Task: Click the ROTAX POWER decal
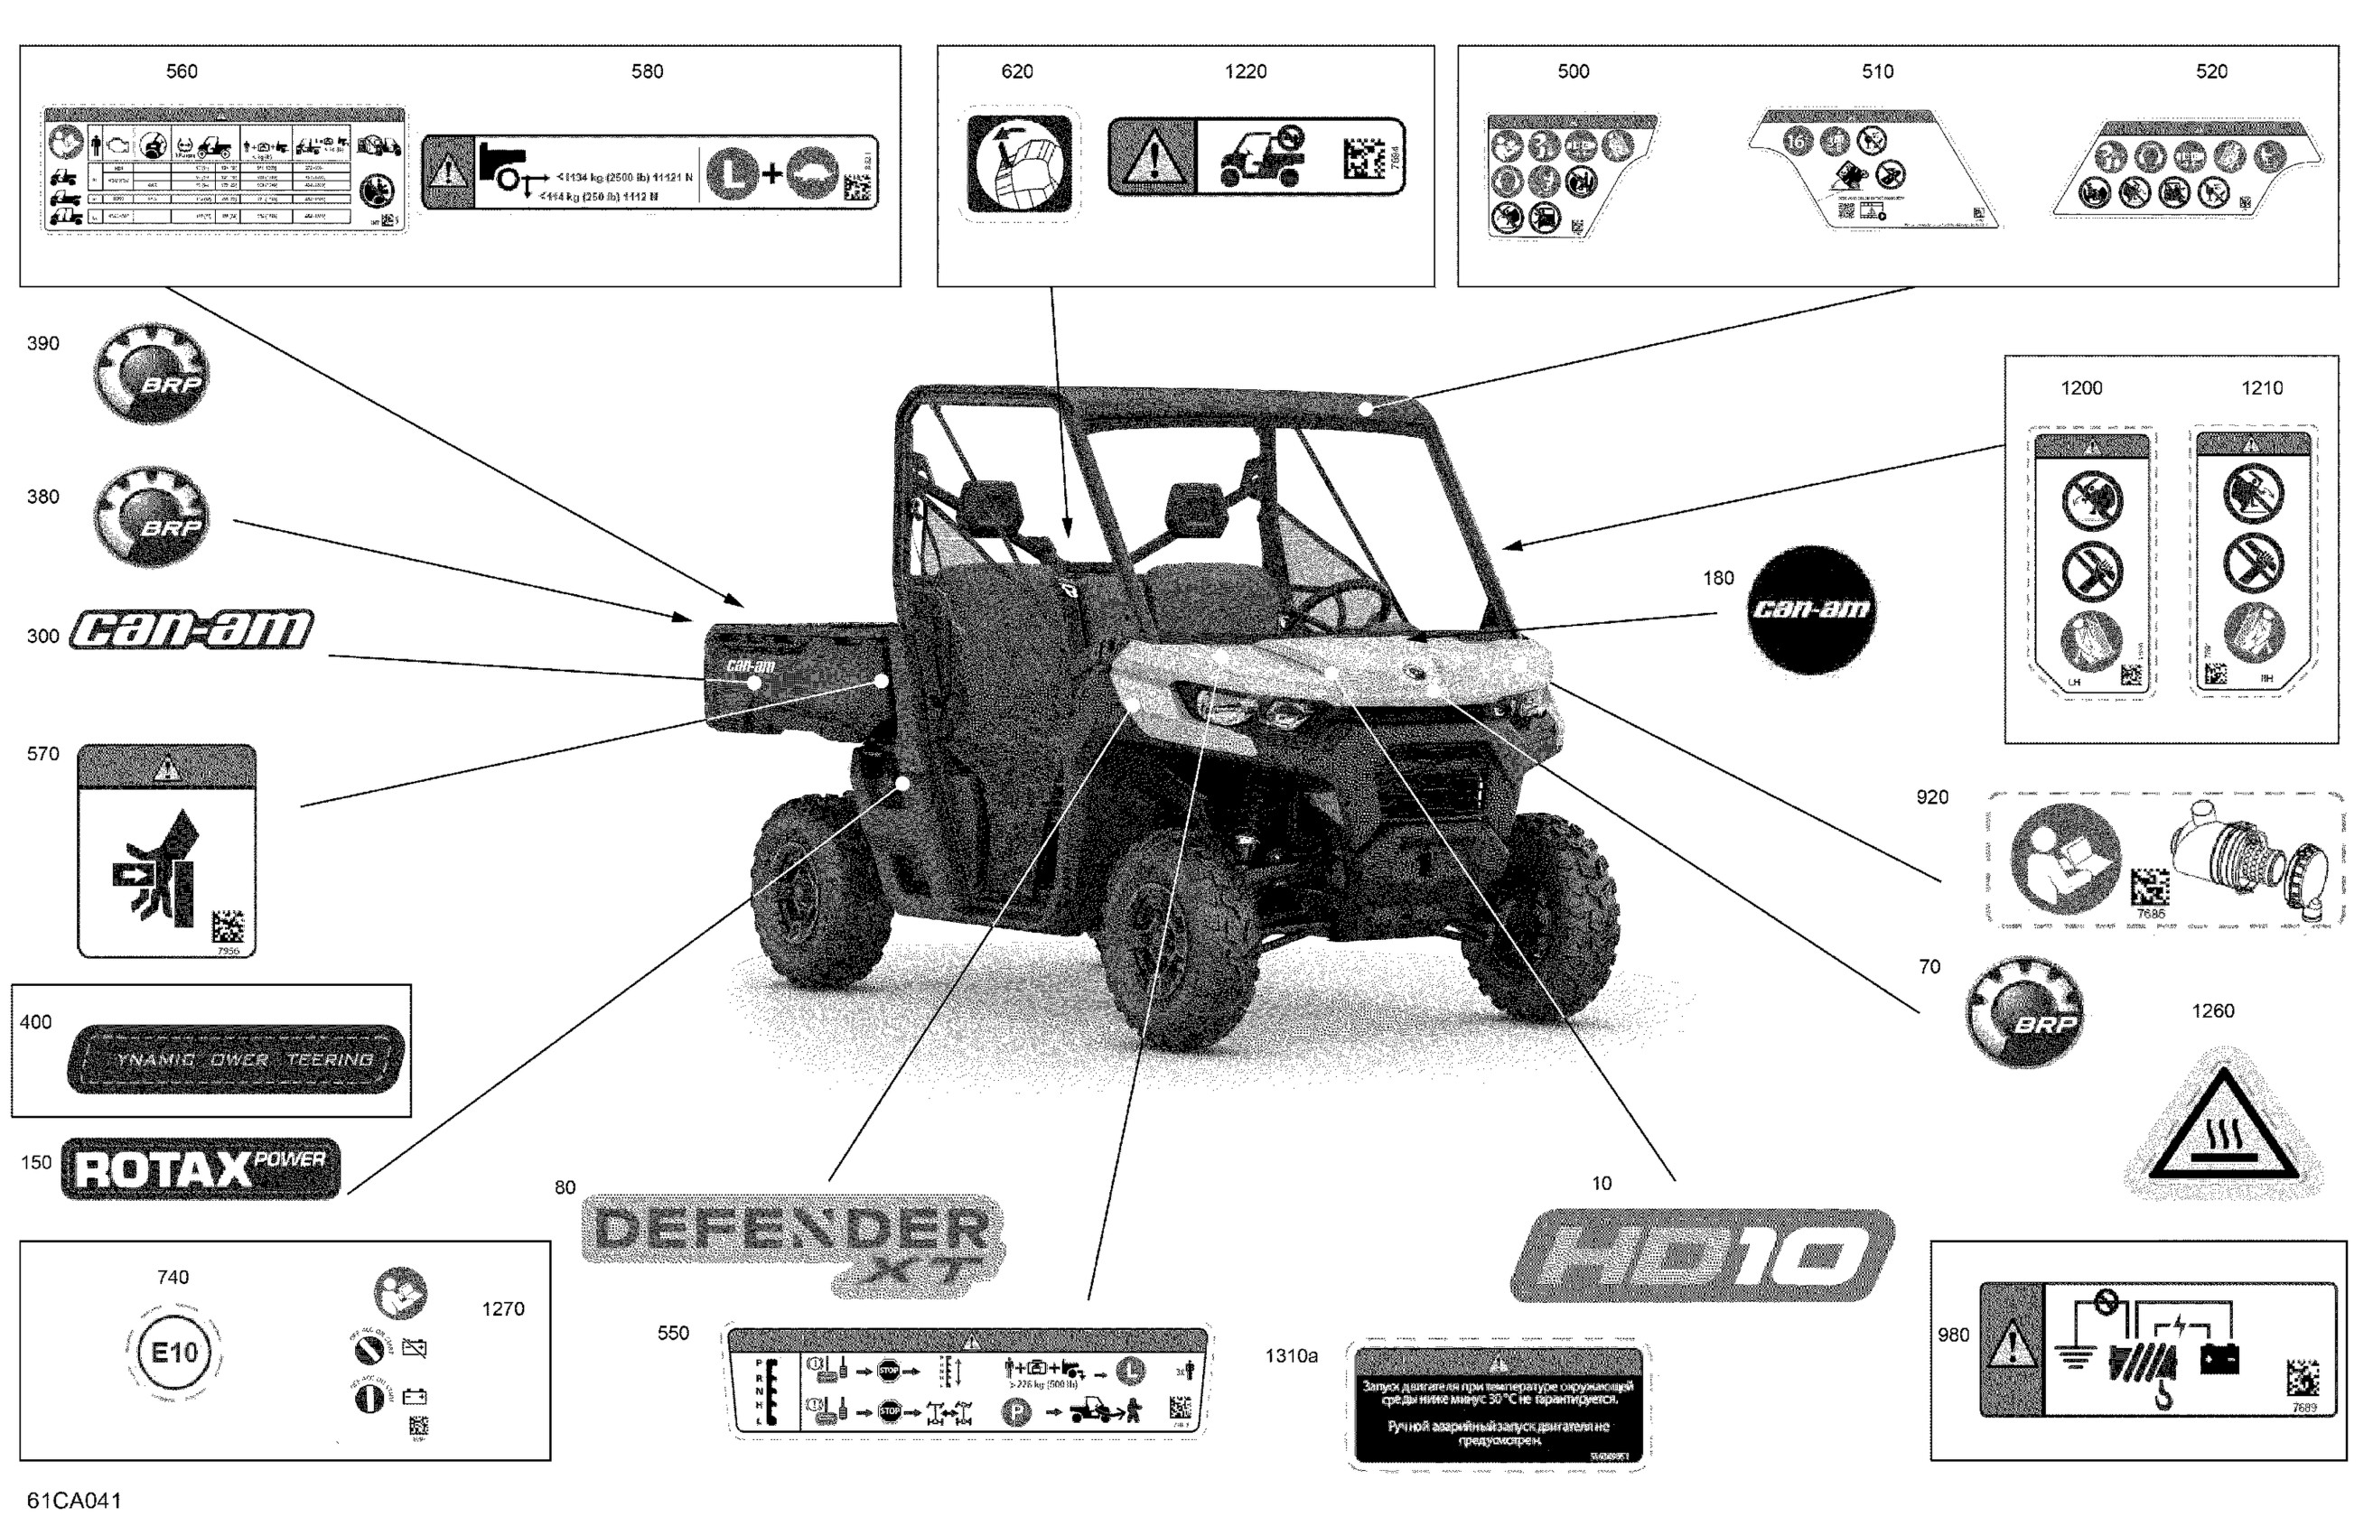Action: tap(201, 1169)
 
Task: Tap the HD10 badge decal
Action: tap(1701, 1255)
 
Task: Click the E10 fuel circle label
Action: tap(174, 1353)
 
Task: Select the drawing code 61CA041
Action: tap(75, 1501)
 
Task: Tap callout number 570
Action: tap(42, 755)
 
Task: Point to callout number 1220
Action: tap(1246, 71)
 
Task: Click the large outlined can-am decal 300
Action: tap(192, 630)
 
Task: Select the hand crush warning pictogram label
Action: tap(166, 851)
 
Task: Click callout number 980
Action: tap(1953, 1335)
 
